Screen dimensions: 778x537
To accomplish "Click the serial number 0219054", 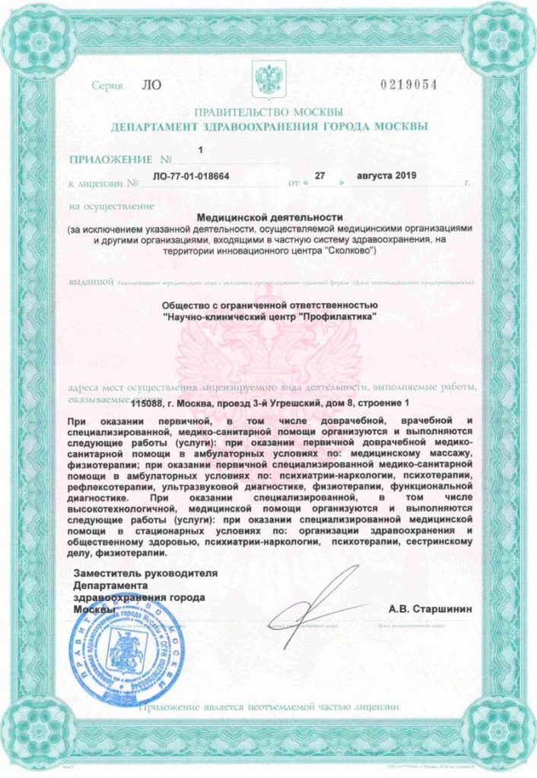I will coord(408,84).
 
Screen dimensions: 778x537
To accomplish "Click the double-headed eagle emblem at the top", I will coord(268,79).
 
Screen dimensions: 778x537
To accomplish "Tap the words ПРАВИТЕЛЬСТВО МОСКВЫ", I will coord(268,111).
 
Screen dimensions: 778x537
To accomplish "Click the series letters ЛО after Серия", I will coord(151,84).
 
